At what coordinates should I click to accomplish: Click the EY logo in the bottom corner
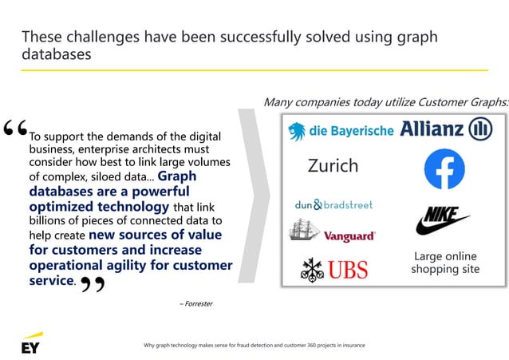click(x=31, y=344)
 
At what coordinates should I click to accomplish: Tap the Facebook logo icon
click(x=444, y=170)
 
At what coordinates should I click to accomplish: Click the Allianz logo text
click(x=432, y=129)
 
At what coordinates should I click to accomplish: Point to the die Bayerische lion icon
click(x=298, y=130)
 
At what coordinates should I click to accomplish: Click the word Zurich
click(x=333, y=166)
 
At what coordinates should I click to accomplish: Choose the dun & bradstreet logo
click(x=333, y=205)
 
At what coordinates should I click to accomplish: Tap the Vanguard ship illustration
click(x=304, y=231)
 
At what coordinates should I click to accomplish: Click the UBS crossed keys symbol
click(x=310, y=269)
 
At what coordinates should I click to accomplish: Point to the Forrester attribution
click(x=195, y=303)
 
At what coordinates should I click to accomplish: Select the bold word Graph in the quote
click(x=177, y=176)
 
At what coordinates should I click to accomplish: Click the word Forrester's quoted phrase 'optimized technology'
click(x=99, y=206)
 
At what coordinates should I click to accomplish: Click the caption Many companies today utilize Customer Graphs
click(x=385, y=102)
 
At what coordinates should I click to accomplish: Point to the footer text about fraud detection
click(x=254, y=345)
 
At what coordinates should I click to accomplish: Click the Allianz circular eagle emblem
click(x=480, y=129)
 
